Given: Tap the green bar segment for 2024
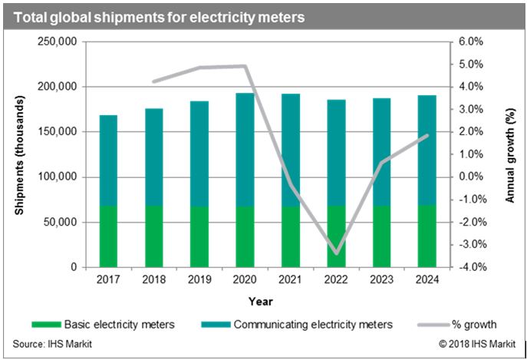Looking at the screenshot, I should [427, 236].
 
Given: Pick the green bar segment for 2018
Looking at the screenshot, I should [154, 236].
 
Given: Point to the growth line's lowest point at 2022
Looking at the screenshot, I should [336, 253].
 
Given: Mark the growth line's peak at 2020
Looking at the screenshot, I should [245, 66].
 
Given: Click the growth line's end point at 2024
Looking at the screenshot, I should [427, 136].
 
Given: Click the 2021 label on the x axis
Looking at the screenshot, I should [291, 280].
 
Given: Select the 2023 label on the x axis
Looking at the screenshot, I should [381, 280].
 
